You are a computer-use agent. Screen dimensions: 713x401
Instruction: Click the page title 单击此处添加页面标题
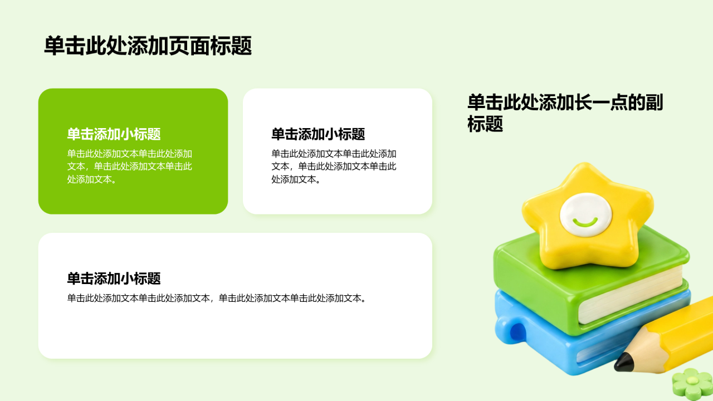(x=148, y=46)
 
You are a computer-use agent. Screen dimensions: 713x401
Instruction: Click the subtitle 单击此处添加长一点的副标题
(x=565, y=113)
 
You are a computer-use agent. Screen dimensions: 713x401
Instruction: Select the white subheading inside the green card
(x=114, y=134)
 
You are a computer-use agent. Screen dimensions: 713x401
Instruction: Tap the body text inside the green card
(x=130, y=167)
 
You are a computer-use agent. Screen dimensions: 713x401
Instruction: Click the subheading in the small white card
(x=318, y=134)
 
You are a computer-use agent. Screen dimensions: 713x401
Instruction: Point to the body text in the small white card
(x=334, y=167)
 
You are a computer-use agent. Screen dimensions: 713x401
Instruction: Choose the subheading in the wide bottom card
(x=114, y=278)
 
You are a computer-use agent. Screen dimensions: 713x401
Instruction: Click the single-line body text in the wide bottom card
(x=217, y=298)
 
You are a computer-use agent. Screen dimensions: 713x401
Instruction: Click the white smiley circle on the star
(x=585, y=215)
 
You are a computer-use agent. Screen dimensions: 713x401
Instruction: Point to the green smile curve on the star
(x=585, y=222)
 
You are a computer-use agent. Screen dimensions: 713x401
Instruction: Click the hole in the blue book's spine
(x=517, y=331)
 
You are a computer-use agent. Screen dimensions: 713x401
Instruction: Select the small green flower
(x=692, y=384)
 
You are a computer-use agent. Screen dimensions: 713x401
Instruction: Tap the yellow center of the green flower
(x=692, y=380)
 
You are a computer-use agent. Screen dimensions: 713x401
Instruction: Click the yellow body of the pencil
(x=685, y=334)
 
